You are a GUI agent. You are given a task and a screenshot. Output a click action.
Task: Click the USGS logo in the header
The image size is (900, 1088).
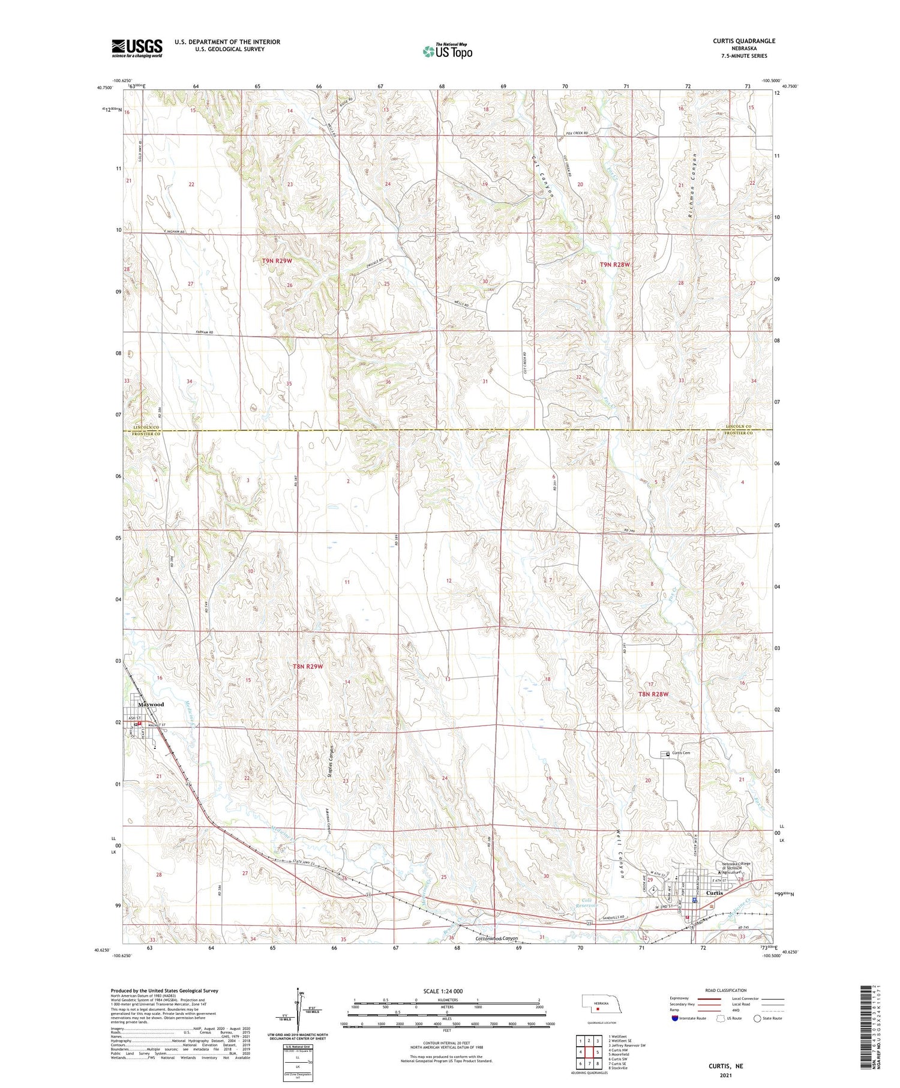tap(137, 48)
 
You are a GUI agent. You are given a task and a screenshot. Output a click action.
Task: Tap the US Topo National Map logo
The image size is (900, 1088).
tap(447, 51)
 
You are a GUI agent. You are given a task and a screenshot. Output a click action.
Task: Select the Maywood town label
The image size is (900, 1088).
tap(151, 705)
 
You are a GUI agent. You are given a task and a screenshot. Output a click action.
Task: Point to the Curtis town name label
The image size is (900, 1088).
tap(715, 892)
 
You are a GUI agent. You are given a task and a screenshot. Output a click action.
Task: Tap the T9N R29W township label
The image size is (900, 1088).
tap(277, 260)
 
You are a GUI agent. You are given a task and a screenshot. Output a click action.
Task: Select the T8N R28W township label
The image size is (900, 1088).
tap(653, 694)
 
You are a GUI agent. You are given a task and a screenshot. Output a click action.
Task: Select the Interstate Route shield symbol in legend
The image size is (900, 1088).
tap(675, 1018)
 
